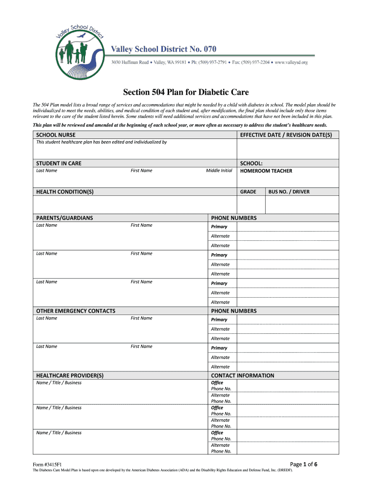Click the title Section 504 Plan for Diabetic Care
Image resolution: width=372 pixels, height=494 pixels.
186,92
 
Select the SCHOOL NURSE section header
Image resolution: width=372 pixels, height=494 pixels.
56,135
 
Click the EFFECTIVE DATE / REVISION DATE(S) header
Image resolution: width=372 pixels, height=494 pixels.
286,135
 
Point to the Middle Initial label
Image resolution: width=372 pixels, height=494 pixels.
219,171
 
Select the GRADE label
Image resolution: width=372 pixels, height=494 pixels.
248,192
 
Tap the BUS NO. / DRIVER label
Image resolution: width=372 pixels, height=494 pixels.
289,192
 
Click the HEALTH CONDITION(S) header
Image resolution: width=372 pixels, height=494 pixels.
65,192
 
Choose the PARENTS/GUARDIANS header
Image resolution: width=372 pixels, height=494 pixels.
64,218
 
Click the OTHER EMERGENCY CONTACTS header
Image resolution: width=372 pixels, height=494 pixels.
75,311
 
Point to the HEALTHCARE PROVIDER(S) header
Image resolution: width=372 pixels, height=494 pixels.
70,376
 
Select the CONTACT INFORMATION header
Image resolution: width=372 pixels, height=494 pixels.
243,376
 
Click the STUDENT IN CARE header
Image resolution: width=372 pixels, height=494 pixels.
58,164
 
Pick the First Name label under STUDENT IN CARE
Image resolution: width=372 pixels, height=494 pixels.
141,171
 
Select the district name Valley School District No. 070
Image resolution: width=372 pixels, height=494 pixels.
164,49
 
